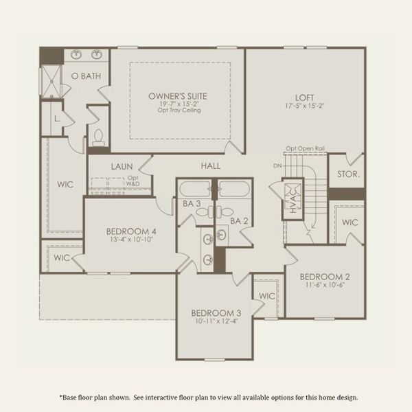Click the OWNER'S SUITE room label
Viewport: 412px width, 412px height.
point(178,96)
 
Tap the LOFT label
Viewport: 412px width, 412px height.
point(306,98)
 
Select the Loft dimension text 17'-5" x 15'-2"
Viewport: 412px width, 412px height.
point(306,106)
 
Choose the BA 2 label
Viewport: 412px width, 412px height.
point(238,220)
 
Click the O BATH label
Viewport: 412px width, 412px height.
point(86,76)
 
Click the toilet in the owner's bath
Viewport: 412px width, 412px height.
point(98,137)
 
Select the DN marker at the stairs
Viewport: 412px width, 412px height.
point(277,165)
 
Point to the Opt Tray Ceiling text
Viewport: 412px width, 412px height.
point(178,110)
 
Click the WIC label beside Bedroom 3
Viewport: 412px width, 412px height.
point(266,295)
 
